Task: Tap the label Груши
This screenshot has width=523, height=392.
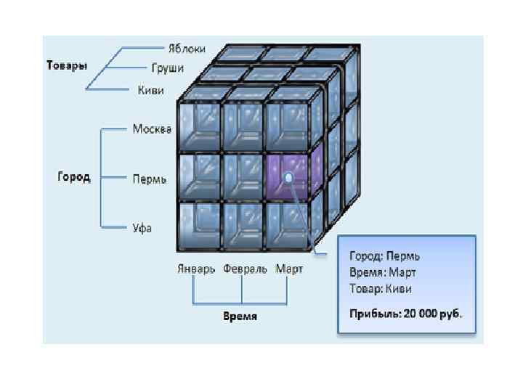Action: click(x=167, y=68)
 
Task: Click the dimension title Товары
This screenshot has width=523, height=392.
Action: click(x=67, y=65)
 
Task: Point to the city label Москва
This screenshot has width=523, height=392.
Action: click(x=152, y=129)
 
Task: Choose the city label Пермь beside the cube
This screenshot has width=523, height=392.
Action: click(x=150, y=178)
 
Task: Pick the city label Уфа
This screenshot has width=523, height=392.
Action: click(x=142, y=227)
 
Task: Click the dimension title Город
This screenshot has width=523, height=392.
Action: click(x=74, y=177)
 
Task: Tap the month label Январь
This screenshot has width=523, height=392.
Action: click(x=196, y=269)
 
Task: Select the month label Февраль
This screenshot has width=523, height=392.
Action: click(x=243, y=269)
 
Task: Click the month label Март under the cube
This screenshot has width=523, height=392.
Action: click(x=289, y=269)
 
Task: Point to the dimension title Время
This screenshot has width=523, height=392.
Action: click(x=240, y=317)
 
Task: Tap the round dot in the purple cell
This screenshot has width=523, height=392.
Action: click(x=289, y=177)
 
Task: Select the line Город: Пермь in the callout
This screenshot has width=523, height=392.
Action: click(x=385, y=256)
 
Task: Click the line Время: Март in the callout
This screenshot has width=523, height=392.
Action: click(x=382, y=272)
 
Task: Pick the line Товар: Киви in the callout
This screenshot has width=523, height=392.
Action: click(x=381, y=288)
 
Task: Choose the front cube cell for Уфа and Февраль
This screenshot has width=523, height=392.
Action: click(x=243, y=226)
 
